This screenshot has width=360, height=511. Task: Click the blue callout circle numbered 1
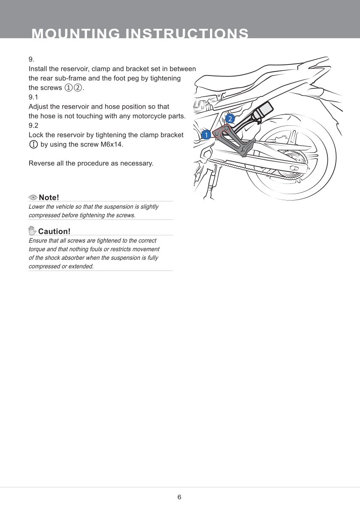coord(206,135)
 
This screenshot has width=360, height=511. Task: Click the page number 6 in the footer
coord(179,497)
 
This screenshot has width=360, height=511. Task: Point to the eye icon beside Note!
coord(33,197)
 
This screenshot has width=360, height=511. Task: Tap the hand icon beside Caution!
coord(32,231)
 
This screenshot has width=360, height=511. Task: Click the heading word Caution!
coord(54,231)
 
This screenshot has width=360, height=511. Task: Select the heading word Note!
coord(48,198)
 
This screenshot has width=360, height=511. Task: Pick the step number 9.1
coord(33,97)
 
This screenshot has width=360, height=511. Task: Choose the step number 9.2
coord(33,125)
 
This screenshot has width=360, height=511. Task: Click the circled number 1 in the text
coord(68,88)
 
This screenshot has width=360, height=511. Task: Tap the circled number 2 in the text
coord(78,88)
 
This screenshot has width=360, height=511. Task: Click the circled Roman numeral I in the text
coord(33,144)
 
